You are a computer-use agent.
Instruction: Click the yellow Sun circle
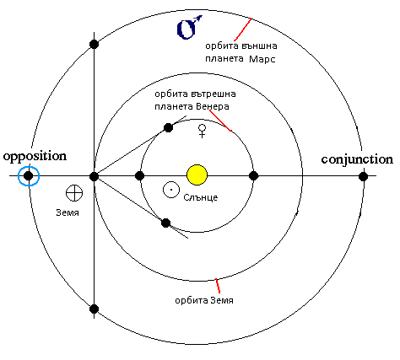coord(197,175)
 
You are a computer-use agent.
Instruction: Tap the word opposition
coord(35,156)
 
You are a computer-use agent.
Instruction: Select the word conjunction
coord(357,159)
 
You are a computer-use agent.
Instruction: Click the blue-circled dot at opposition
coord(29,176)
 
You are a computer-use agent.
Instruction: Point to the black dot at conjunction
coord(363,177)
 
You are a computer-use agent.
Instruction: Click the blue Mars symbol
coord(189,27)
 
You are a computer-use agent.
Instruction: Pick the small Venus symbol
coord(202,131)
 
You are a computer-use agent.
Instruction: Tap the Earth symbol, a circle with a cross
coord(74,193)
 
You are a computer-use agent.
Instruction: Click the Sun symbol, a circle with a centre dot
coord(171,190)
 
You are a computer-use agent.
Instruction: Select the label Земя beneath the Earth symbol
coord(68,212)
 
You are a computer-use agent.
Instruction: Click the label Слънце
coord(201,197)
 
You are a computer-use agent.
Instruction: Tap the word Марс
coord(262,59)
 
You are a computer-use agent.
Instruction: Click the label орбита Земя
coord(204,300)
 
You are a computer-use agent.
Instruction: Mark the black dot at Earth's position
coord(94,177)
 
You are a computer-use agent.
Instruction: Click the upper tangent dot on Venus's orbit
coord(168,127)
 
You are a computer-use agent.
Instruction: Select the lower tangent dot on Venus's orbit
coord(166,223)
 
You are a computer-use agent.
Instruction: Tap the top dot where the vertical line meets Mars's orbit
coord(94,44)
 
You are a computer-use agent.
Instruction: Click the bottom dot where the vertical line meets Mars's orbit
coord(94,309)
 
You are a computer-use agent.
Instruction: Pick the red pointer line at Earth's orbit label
coord(218,286)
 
